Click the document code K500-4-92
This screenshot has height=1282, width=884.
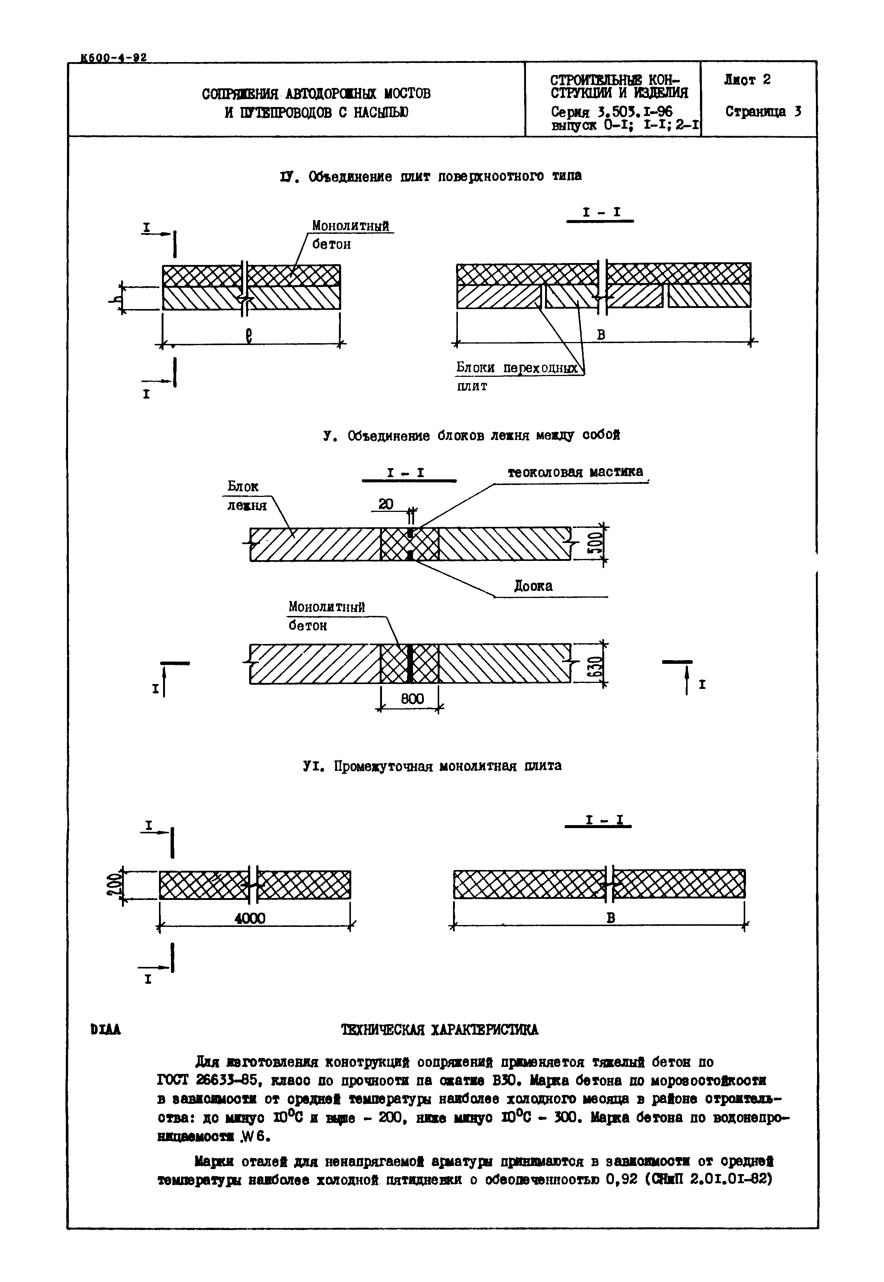pyautogui.click(x=114, y=58)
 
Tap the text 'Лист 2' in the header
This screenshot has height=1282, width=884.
pyautogui.click(x=747, y=80)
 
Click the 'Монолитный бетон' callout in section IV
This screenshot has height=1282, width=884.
pyautogui.click(x=350, y=235)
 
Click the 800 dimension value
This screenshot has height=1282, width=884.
pyautogui.click(x=412, y=699)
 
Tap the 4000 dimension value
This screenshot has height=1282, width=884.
pyautogui.click(x=250, y=919)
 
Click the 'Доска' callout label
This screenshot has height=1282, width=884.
pyautogui.click(x=533, y=586)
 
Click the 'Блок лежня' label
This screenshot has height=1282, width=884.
pyautogui.click(x=247, y=496)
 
